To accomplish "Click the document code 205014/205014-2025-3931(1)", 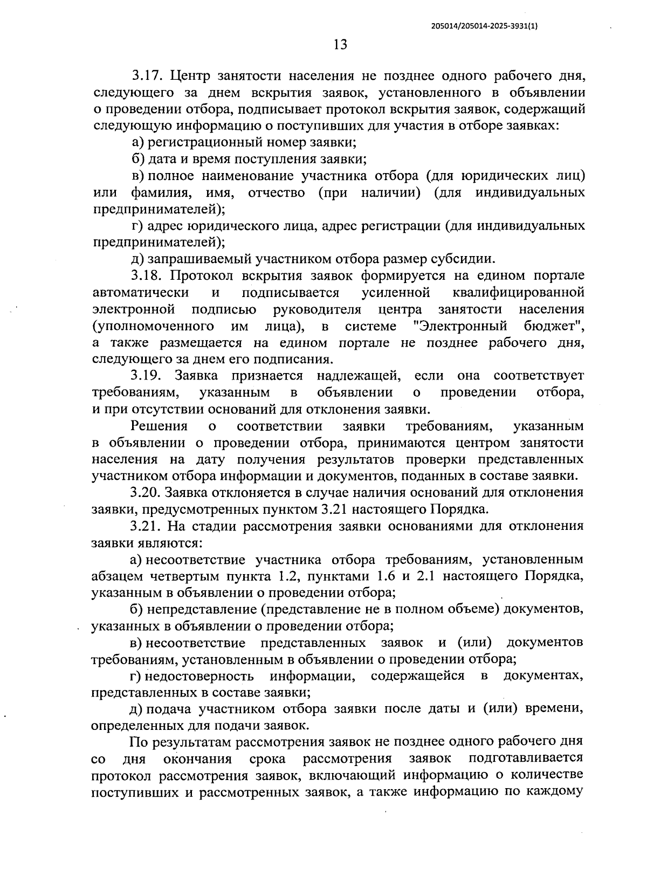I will [485, 25].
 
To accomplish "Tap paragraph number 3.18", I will [147, 277].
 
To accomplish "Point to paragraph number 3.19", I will [147, 376].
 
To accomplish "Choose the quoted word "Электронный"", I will [463, 326].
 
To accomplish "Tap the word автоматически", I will [141, 293].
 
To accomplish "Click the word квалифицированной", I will [518, 293].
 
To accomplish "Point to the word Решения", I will [159, 426].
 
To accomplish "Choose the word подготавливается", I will [526, 758].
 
